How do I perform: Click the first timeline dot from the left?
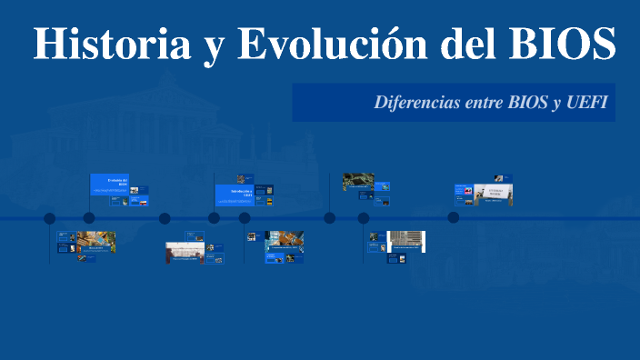click(50, 218)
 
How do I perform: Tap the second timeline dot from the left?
click(89, 218)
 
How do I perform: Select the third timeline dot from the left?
click(165, 218)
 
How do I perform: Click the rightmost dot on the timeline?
click(453, 217)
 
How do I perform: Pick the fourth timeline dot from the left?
click(214, 218)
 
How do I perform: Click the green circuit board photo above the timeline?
click(358, 182)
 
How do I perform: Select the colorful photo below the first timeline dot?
click(95, 242)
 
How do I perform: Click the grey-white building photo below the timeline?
click(406, 241)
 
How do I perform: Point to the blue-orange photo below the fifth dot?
click(284, 241)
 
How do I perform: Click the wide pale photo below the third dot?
click(185, 251)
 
